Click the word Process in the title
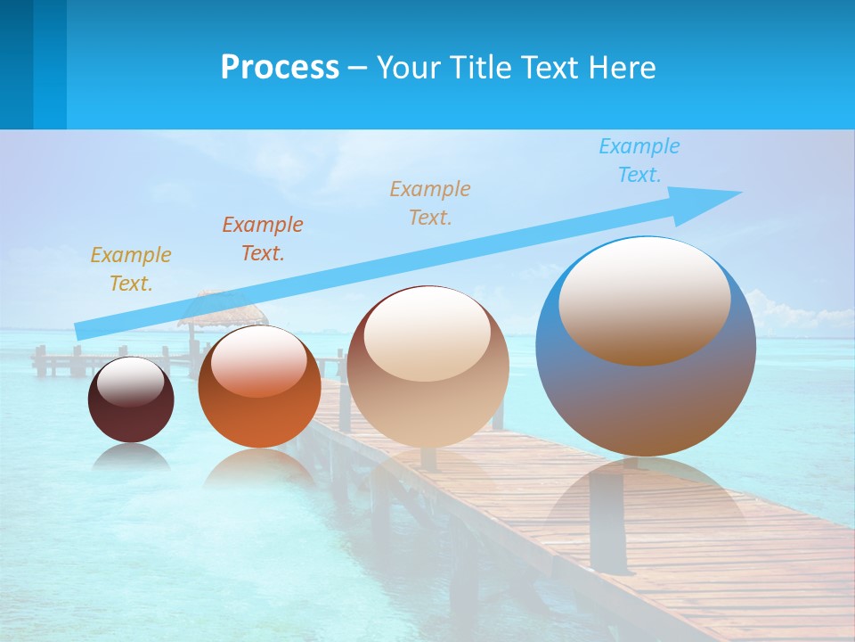point(280,68)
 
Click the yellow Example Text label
point(130,269)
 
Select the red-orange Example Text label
point(262,239)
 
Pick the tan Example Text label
point(429,203)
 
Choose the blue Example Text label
point(639,160)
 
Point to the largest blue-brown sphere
point(646,401)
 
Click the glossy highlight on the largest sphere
point(644,299)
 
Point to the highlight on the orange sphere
point(259,362)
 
